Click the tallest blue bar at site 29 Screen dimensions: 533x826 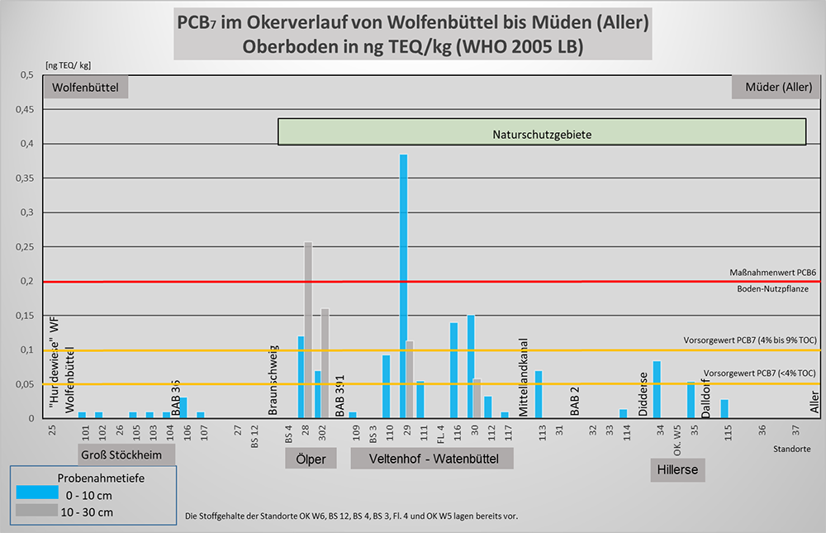pos(404,285)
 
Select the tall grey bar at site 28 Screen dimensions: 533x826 pos(308,331)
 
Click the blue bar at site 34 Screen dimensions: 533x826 pos(657,389)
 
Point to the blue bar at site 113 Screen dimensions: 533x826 pos(539,394)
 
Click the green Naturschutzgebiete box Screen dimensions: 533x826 pos(542,132)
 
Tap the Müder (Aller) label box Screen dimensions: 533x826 pos(777,87)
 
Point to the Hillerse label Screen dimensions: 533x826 pos(678,469)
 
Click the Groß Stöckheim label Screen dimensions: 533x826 pos(127,455)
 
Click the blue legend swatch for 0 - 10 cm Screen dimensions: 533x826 pos(37,493)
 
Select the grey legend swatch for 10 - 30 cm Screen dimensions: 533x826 pos(37,512)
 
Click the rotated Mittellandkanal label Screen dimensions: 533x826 pos(524,377)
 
